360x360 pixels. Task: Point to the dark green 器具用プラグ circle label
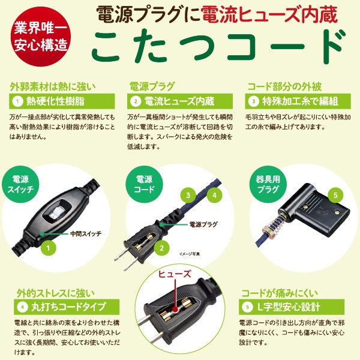[x=263, y=184]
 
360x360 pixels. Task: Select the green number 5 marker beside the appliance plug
[x=335, y=195]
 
